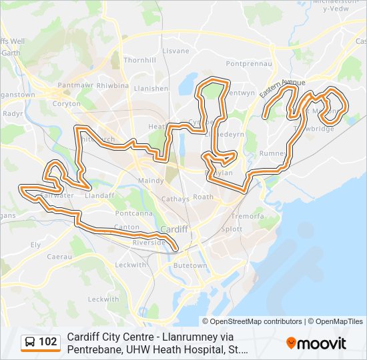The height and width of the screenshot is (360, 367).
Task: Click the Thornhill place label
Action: point(139,60)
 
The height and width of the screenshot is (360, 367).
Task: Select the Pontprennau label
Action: point(250,64)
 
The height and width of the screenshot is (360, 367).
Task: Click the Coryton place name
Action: point(66,104)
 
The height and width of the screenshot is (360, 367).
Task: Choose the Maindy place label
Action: point(151,181)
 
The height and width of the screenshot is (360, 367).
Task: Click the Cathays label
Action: point(175,199)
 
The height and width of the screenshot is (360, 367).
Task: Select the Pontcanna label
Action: point(133,213)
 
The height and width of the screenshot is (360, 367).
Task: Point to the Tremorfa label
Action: point(250,217)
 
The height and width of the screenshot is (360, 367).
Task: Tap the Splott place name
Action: point(232,229)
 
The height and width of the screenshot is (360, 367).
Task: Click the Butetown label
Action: point(190,265)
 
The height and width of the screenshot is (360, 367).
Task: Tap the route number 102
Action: point(48,342)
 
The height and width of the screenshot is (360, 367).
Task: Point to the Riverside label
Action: point(149,243)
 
